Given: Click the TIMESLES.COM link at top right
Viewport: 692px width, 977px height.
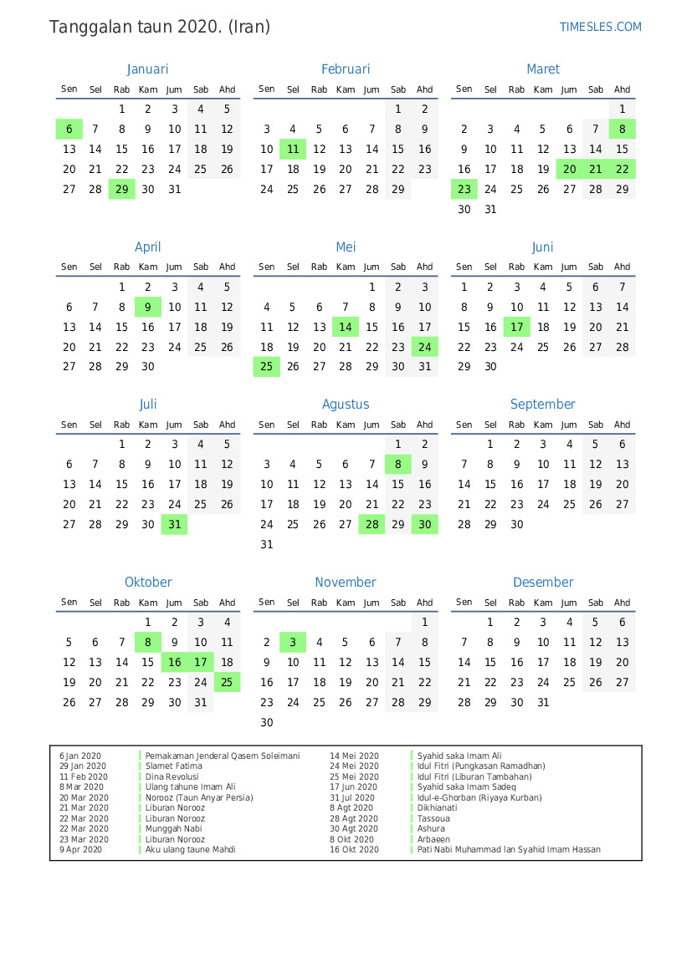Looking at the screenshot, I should tap(600, 27).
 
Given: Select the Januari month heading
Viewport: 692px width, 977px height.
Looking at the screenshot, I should tap(148, 69).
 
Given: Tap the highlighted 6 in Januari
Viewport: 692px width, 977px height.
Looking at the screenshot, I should tap(69, 129).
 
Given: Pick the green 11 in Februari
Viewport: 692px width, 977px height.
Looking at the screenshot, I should tap(293, 149).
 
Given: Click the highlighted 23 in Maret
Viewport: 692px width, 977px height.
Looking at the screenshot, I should tap(464, 189).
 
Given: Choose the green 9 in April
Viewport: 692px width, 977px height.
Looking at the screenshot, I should tap(148, 307).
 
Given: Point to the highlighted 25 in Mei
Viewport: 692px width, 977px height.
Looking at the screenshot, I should tap(267, 366).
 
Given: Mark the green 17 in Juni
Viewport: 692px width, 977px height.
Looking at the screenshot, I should tap(517, 327).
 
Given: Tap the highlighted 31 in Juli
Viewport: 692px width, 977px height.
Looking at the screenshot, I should tap(174, 524).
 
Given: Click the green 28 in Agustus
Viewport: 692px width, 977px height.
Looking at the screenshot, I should tap(372, 524).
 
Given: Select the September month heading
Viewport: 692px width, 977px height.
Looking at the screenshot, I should tap(543, 405).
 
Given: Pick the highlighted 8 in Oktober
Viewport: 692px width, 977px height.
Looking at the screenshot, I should tap(148, 642).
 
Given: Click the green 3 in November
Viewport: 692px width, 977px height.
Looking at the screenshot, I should tap(293, 642).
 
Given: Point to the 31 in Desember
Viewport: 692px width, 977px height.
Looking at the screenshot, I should tap(543, 702).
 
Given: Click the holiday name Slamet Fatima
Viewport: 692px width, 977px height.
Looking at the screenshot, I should tap(173, 766).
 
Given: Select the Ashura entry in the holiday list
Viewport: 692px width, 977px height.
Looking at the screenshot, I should tap(432, 829).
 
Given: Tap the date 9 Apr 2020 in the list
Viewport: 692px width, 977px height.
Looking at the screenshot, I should tap(80, 850).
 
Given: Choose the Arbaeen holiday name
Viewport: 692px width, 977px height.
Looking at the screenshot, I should tap(433, 839).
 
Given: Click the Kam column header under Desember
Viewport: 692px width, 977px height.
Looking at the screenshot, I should tap(543, 603).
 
